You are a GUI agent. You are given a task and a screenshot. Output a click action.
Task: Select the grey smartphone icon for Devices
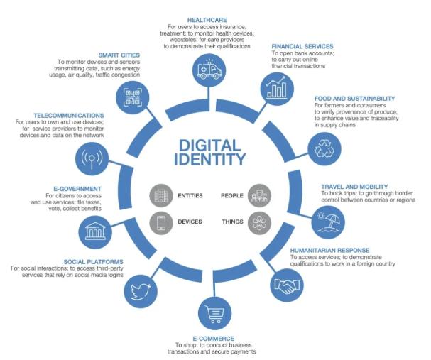(161, 222)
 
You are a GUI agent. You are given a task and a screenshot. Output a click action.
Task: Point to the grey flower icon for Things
(258, 222)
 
